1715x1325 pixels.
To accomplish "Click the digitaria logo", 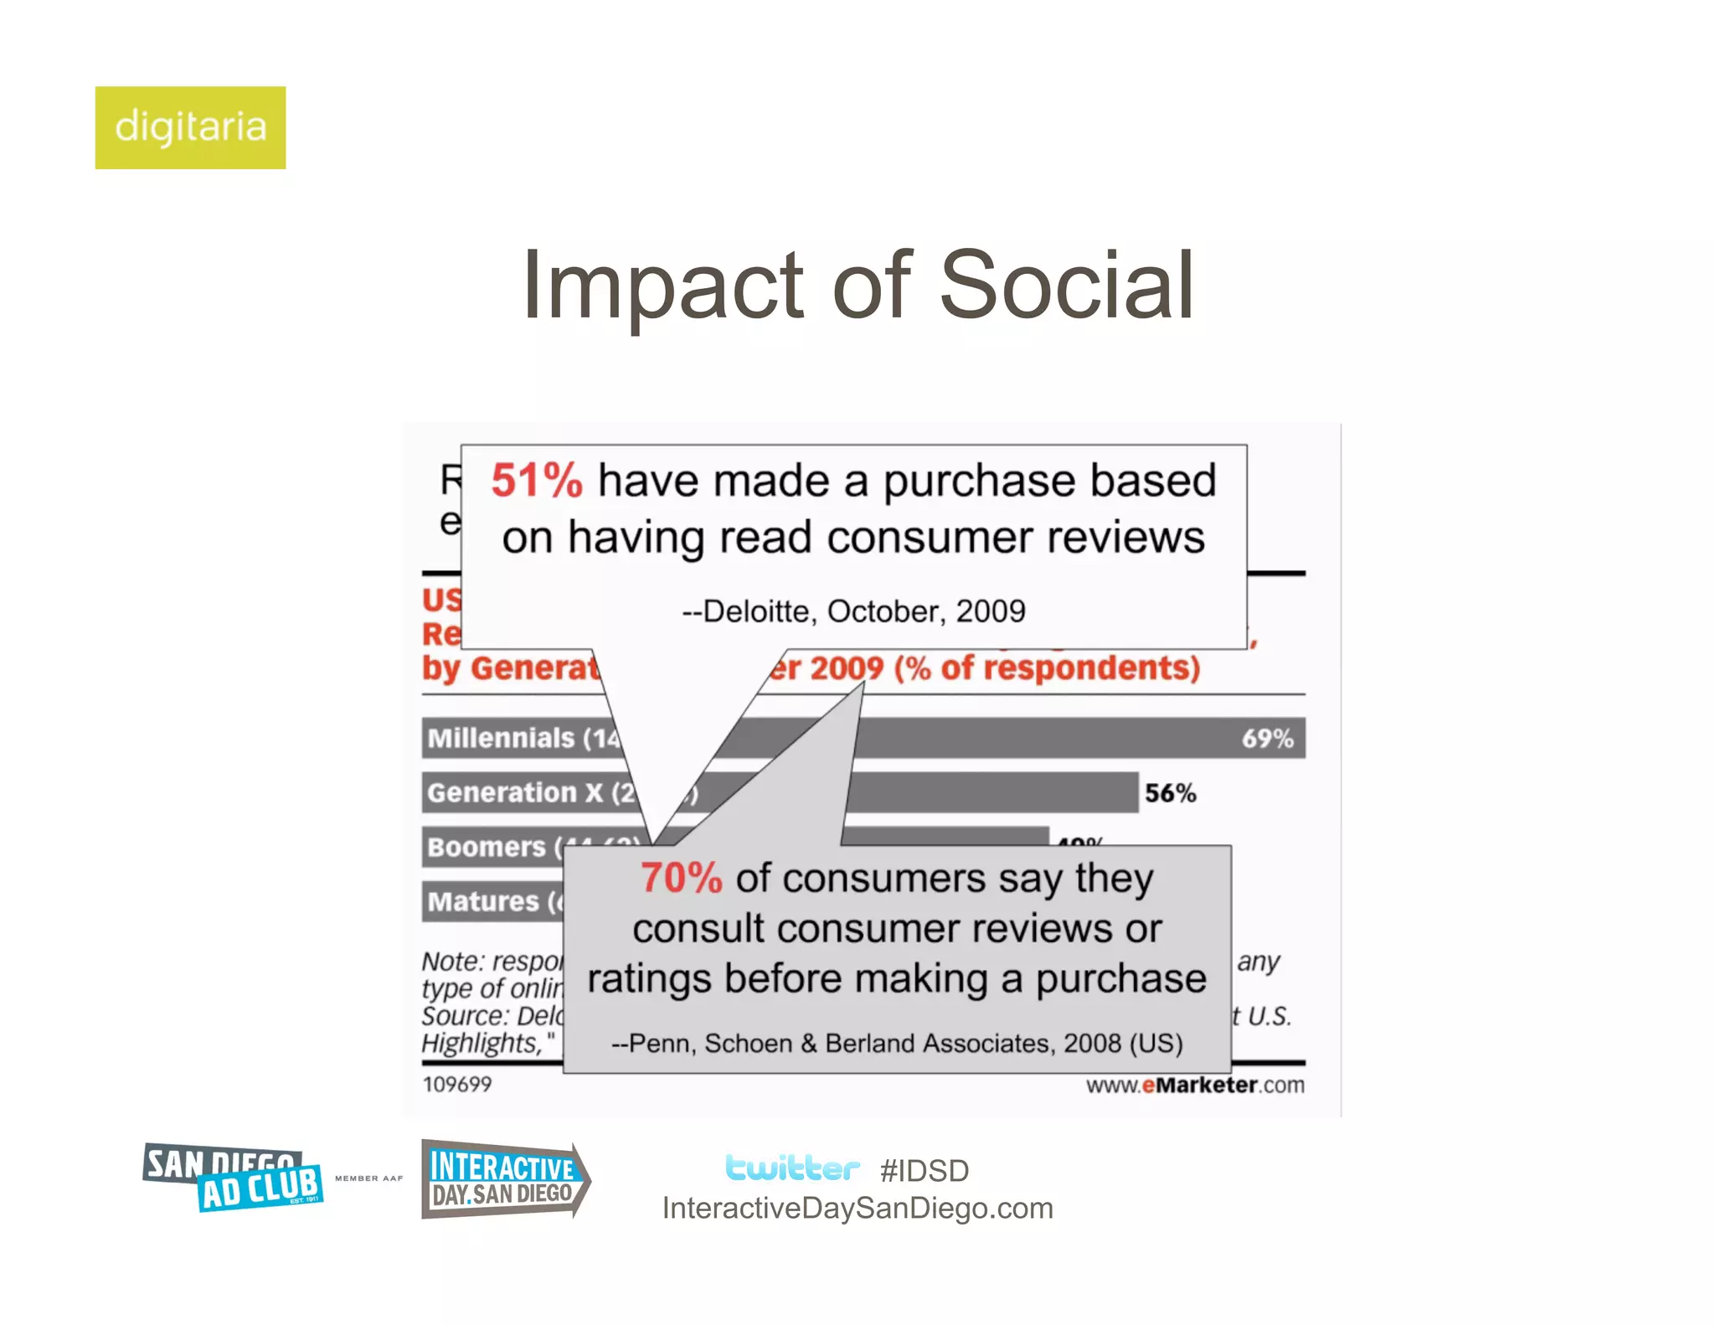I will coord(190,127).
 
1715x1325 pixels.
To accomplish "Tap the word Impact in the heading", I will coord(662,286).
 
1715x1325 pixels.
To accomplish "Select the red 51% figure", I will coord(536,481).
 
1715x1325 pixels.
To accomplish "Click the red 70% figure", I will coord(681,879).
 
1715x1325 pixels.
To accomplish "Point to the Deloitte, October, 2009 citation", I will coord(853,611).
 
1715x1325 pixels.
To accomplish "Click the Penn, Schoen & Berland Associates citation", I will coord(896,1044).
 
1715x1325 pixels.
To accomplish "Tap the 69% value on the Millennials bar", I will coord(1267,739).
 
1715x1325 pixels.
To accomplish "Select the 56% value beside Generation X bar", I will coord(1170,793).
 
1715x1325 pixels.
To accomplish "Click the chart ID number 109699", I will coord(457,1085).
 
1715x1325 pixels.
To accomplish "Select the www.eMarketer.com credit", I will coord(1195,1085).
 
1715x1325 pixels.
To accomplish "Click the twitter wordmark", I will coord(791,1168).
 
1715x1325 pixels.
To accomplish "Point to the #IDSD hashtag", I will coord(924,1171).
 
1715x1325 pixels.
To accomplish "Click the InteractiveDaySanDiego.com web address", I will coord(857,1209).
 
